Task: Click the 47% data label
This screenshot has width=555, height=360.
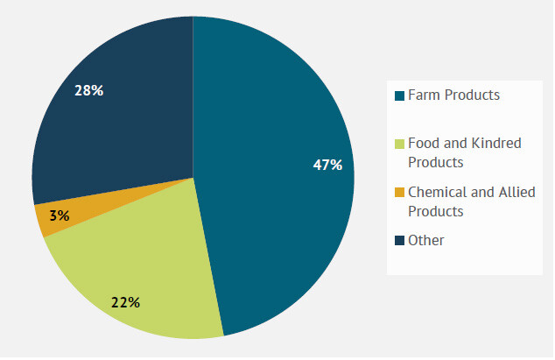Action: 327,164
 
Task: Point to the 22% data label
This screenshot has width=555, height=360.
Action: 125,303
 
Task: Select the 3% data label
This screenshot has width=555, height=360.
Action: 60,215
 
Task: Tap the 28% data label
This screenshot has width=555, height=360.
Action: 88,90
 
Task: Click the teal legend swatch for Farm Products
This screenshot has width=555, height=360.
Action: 400,95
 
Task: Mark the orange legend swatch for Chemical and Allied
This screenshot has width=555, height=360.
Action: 400,193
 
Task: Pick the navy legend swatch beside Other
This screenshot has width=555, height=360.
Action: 400,241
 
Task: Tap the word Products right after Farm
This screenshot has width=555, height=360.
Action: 472,95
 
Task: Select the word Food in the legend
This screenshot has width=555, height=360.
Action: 425,144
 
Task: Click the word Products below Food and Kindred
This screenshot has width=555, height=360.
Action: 436,163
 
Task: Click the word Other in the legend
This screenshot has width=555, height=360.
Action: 426,240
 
